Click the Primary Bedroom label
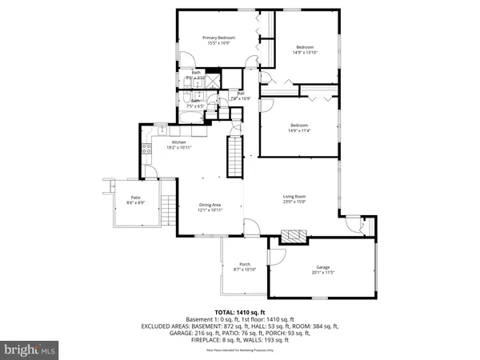(218, 38)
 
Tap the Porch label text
(245, 265)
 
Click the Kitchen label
(179, 142)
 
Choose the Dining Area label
(210, 206)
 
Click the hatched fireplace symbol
(293, 236)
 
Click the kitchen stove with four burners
(147, 148)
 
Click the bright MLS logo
(30, 350)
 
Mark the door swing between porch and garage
(278, 254)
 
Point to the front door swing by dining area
(254, 231)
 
